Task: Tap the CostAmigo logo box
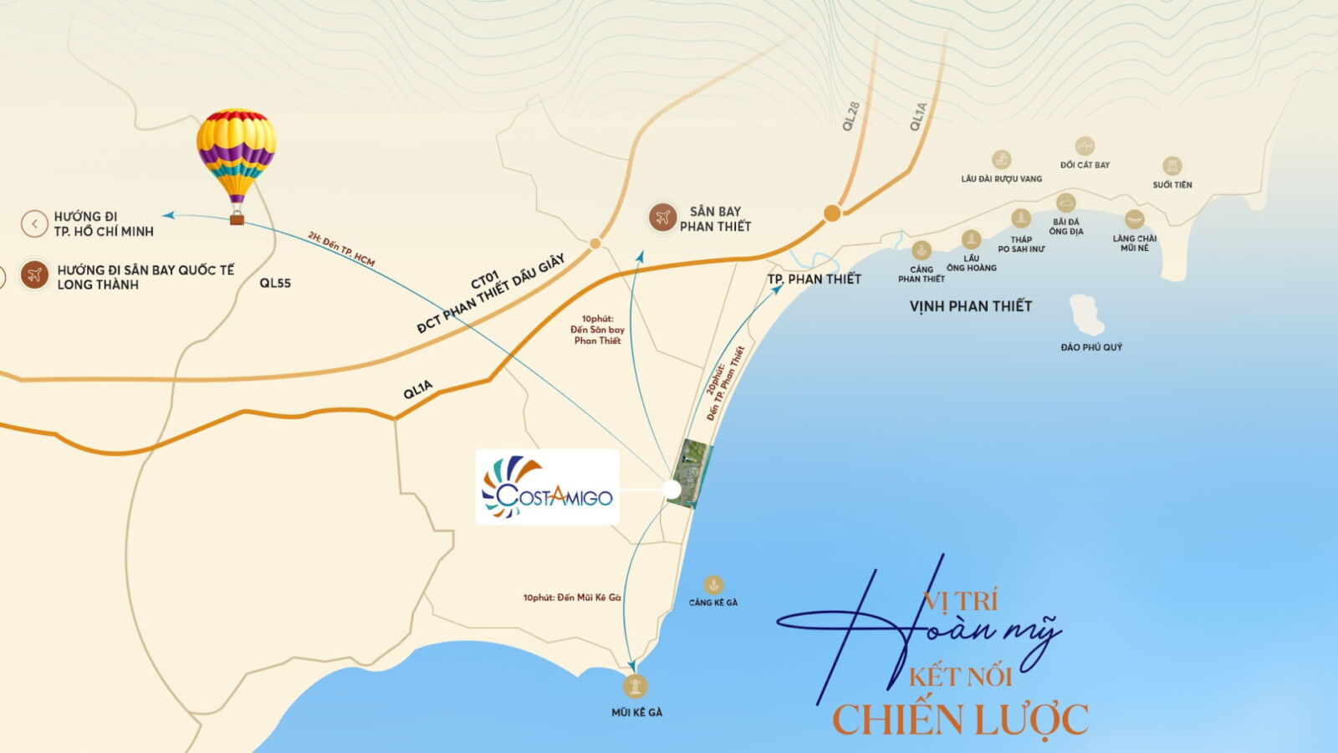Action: coord(547,488)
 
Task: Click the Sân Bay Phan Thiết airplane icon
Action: coord(662,218)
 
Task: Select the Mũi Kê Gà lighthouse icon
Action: coord(636,686)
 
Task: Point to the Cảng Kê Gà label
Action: coord(713,602)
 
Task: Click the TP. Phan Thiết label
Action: coord(814,279)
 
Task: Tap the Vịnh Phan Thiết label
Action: coord(970,306)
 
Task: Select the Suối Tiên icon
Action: coord(1172,166)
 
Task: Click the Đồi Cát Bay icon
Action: coord(1085,146)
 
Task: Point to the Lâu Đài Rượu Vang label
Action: coord(1001,179)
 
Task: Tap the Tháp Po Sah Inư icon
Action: coord(1021,218)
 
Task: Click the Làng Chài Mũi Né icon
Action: coord(1134,219)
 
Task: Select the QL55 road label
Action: coord(275,283)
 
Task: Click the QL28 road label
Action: coord(851,116)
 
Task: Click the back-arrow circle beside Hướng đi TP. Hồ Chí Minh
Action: coord(34,223)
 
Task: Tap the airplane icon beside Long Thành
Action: coord(34,274)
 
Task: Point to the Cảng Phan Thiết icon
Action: coord(922,250)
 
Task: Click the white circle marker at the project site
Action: coord(672,489)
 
